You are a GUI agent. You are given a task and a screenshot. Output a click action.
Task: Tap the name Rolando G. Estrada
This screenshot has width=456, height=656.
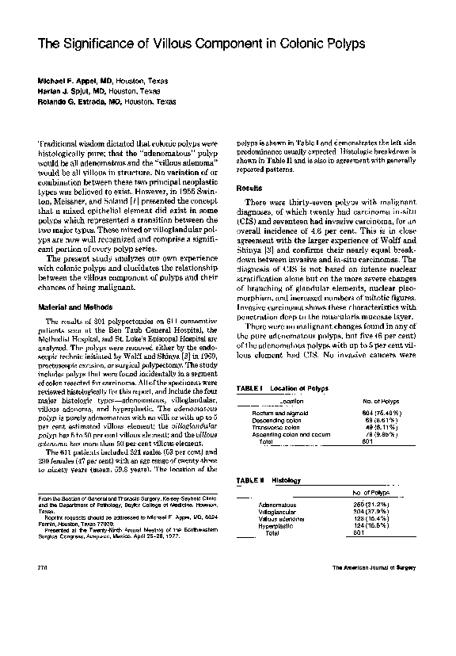(x=69, y=101)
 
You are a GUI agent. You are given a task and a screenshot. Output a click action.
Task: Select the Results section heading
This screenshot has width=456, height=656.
(x=250, y=188)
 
